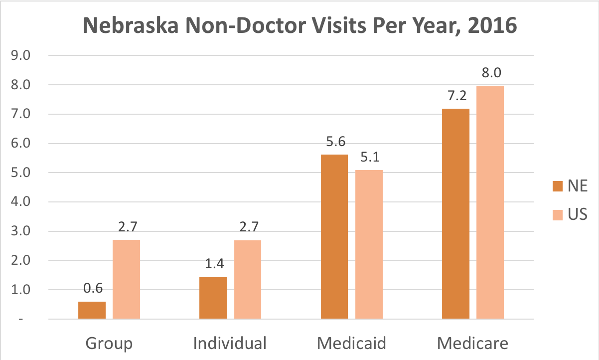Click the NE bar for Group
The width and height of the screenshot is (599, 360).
(92, 310)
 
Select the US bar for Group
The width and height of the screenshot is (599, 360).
(126, 279)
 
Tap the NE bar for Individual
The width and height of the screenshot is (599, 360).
(213, 298)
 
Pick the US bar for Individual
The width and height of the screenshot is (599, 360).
(247, 279)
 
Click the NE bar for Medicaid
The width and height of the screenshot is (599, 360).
(334, 236)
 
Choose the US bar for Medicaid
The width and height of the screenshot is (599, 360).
(369, 244)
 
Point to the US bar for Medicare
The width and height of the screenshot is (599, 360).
(490, 202)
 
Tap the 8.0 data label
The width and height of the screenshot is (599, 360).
(490, 73)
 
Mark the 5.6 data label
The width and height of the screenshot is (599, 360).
(334, 142)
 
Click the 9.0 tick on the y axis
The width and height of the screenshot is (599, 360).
(20, 56)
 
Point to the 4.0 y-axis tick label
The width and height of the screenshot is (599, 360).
(20, 202)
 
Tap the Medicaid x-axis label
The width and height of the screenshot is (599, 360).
(352, 344)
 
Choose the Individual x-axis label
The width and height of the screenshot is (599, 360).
(230, 344)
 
